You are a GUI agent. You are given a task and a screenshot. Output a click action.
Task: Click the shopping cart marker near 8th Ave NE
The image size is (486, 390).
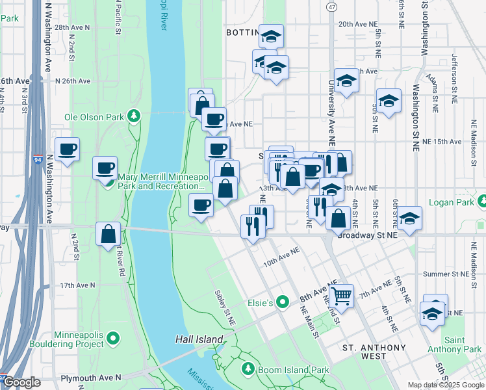340,296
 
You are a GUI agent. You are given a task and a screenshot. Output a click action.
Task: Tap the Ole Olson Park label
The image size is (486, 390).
94,118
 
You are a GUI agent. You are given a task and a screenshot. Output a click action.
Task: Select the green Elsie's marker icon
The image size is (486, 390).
282,302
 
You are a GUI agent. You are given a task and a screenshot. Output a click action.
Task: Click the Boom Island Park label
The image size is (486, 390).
284,369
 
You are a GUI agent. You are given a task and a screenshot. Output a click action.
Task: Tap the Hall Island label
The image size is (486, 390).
199,339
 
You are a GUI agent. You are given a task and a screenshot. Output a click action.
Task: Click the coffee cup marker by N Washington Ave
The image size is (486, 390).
67,150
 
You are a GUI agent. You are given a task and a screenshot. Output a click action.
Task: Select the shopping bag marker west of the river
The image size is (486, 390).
108,235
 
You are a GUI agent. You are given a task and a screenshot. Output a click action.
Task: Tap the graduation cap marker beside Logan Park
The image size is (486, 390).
409,218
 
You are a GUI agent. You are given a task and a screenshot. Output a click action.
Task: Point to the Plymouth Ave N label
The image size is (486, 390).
91,377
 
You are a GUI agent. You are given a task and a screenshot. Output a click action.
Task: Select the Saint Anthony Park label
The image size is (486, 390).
462,345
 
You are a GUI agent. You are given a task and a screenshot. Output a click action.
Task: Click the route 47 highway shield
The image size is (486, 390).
332,6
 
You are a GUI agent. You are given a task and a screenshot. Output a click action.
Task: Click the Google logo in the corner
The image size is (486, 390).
21,383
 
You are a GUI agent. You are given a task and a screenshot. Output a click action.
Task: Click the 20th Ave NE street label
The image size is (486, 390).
358,23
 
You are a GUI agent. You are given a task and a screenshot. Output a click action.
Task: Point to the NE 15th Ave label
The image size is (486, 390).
441,141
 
